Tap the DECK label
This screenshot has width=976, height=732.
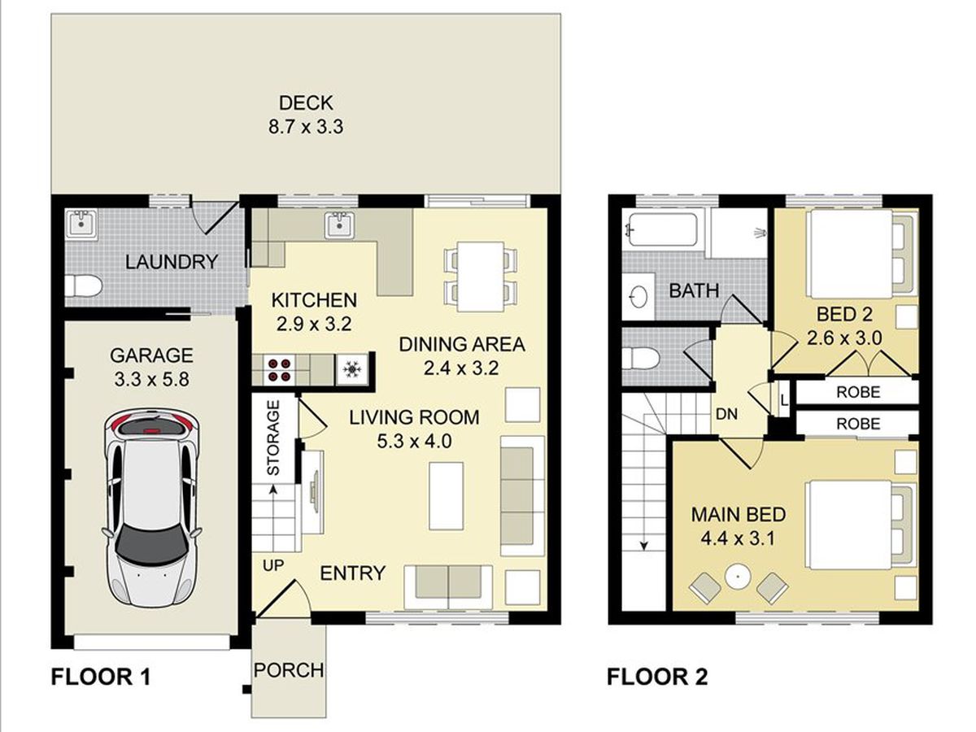pyautogui.click(x=306, y=103)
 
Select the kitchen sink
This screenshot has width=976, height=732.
pyautogui.click(x=339, y=225)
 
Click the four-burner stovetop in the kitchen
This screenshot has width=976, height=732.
pyautogui.click(x=279, y=370)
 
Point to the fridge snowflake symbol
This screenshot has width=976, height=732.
pyautogui.click(x=351, y=369)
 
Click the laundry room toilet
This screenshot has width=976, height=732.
pyautogui.click(x=84, y=285)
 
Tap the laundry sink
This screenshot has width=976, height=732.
pyautogui.click(x=81, y=224)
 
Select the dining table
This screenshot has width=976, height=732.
pyautogui.click(x=481, y=276)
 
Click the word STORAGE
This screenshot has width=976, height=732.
pyautogui.click(x=272, y=438)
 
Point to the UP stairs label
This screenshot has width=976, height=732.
pyautogui.click(x=273, y=566)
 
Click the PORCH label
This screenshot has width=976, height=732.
pyautogui.click(x=289, y=670)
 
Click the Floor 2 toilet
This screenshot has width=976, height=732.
pyautogui.click(x=640, y=359)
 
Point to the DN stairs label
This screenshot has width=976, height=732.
pyautogui.click(x=726, y=414)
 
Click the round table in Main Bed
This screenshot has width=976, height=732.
pyautogui.click(x=739, y=577)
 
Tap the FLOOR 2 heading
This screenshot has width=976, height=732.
pyautogui.click(x=657, y=677)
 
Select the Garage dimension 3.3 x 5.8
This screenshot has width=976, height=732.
pyautogui.click(x=151, y=380)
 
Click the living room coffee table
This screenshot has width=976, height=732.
pyautogui.click(x=446, y=496)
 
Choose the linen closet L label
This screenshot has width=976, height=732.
pyautogui.click(x=784, y=400)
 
